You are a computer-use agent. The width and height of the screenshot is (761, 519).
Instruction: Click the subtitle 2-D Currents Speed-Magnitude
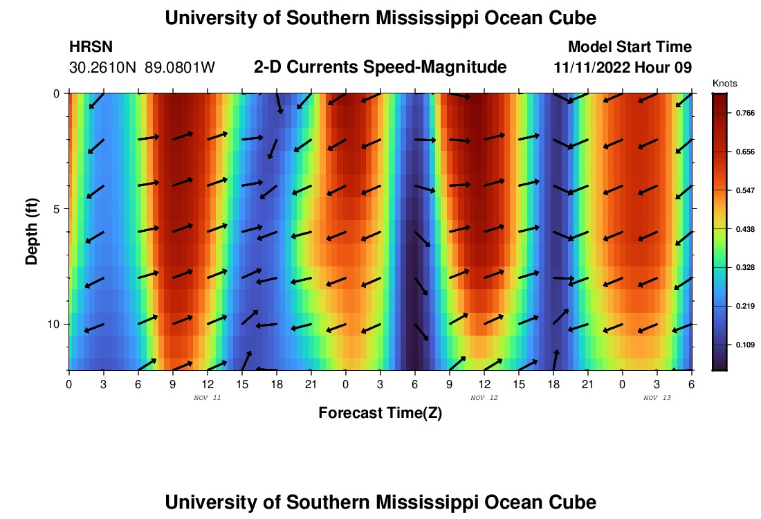tap(380, 67)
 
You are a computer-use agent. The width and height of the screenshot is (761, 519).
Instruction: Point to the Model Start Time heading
tap(629, 47)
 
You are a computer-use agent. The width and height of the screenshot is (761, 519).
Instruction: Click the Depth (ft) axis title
tap(31, 231)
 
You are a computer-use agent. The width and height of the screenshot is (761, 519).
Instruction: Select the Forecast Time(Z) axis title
tap(380, 413)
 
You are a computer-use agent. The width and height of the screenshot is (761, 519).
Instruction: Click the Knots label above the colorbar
tap(724, 83)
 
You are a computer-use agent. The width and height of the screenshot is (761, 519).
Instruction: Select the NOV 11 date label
tap(207, 398)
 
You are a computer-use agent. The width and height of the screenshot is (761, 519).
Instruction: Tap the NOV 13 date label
tap(657, 398)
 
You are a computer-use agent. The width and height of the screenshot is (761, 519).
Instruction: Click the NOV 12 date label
tap(484, 398)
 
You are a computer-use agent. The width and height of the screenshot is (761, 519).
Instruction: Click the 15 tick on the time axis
tap(242, 384)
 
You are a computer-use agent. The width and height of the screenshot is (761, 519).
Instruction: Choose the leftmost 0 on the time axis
tap(68, 384)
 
